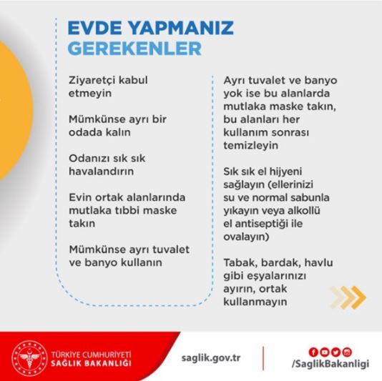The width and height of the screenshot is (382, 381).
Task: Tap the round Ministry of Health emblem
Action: [29, 357]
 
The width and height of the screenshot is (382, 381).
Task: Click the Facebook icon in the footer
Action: [313, 350]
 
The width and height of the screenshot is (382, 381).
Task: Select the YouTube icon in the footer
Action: [324, 350]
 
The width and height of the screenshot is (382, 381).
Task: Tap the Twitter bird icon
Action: [336, 350]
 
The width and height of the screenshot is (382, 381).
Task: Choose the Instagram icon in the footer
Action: [347, 350]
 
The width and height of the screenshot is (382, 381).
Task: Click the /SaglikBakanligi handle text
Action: [330, 364]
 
